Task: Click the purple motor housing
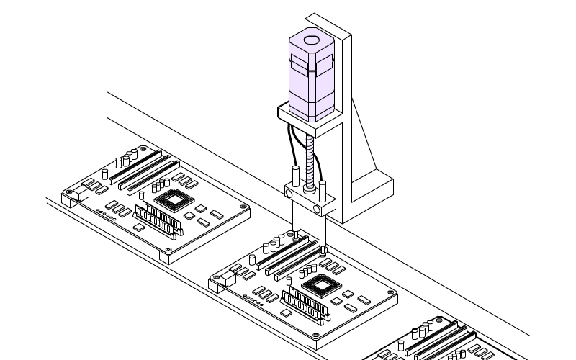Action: coord(311,79)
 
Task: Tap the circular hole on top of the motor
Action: coord(311,42)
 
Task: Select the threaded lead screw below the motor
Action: coord(310,162)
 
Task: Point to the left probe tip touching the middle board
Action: coord(295,234)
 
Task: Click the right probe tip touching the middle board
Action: coord(324,250)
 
